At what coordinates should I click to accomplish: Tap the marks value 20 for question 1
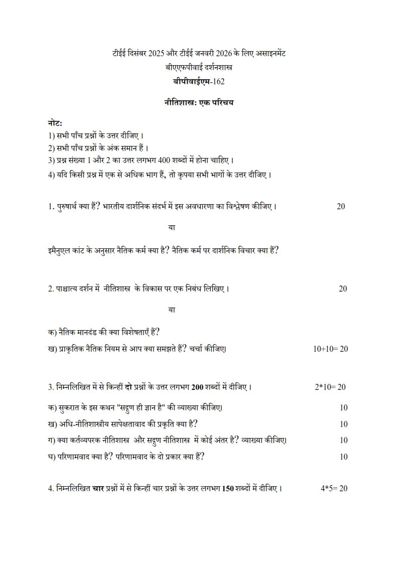click(x=341, y=207)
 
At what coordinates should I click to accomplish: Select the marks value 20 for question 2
click(x=343, y=289)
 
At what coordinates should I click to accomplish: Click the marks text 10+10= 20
click(x=330, y=349)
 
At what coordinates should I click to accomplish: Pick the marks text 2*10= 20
click(x=330, y=387)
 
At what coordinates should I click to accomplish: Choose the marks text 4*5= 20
click(x=334, y=488)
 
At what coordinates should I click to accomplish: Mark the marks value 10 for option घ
click(x=343, y=457)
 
